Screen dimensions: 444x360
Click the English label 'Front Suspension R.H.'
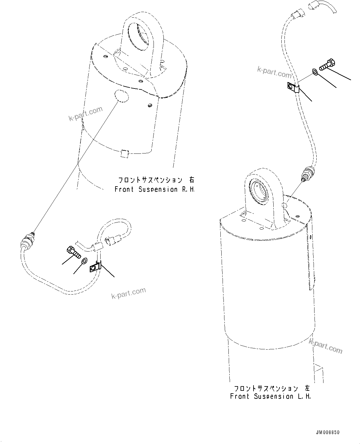154,189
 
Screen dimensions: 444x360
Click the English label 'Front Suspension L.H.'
270,396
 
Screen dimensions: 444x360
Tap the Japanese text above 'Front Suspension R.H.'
157,180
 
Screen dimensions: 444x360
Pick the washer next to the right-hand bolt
84,261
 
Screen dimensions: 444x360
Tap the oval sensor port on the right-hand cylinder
121,95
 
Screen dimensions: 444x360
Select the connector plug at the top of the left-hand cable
297,14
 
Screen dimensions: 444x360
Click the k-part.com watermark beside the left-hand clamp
274,73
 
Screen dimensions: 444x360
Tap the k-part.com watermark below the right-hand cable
128,293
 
